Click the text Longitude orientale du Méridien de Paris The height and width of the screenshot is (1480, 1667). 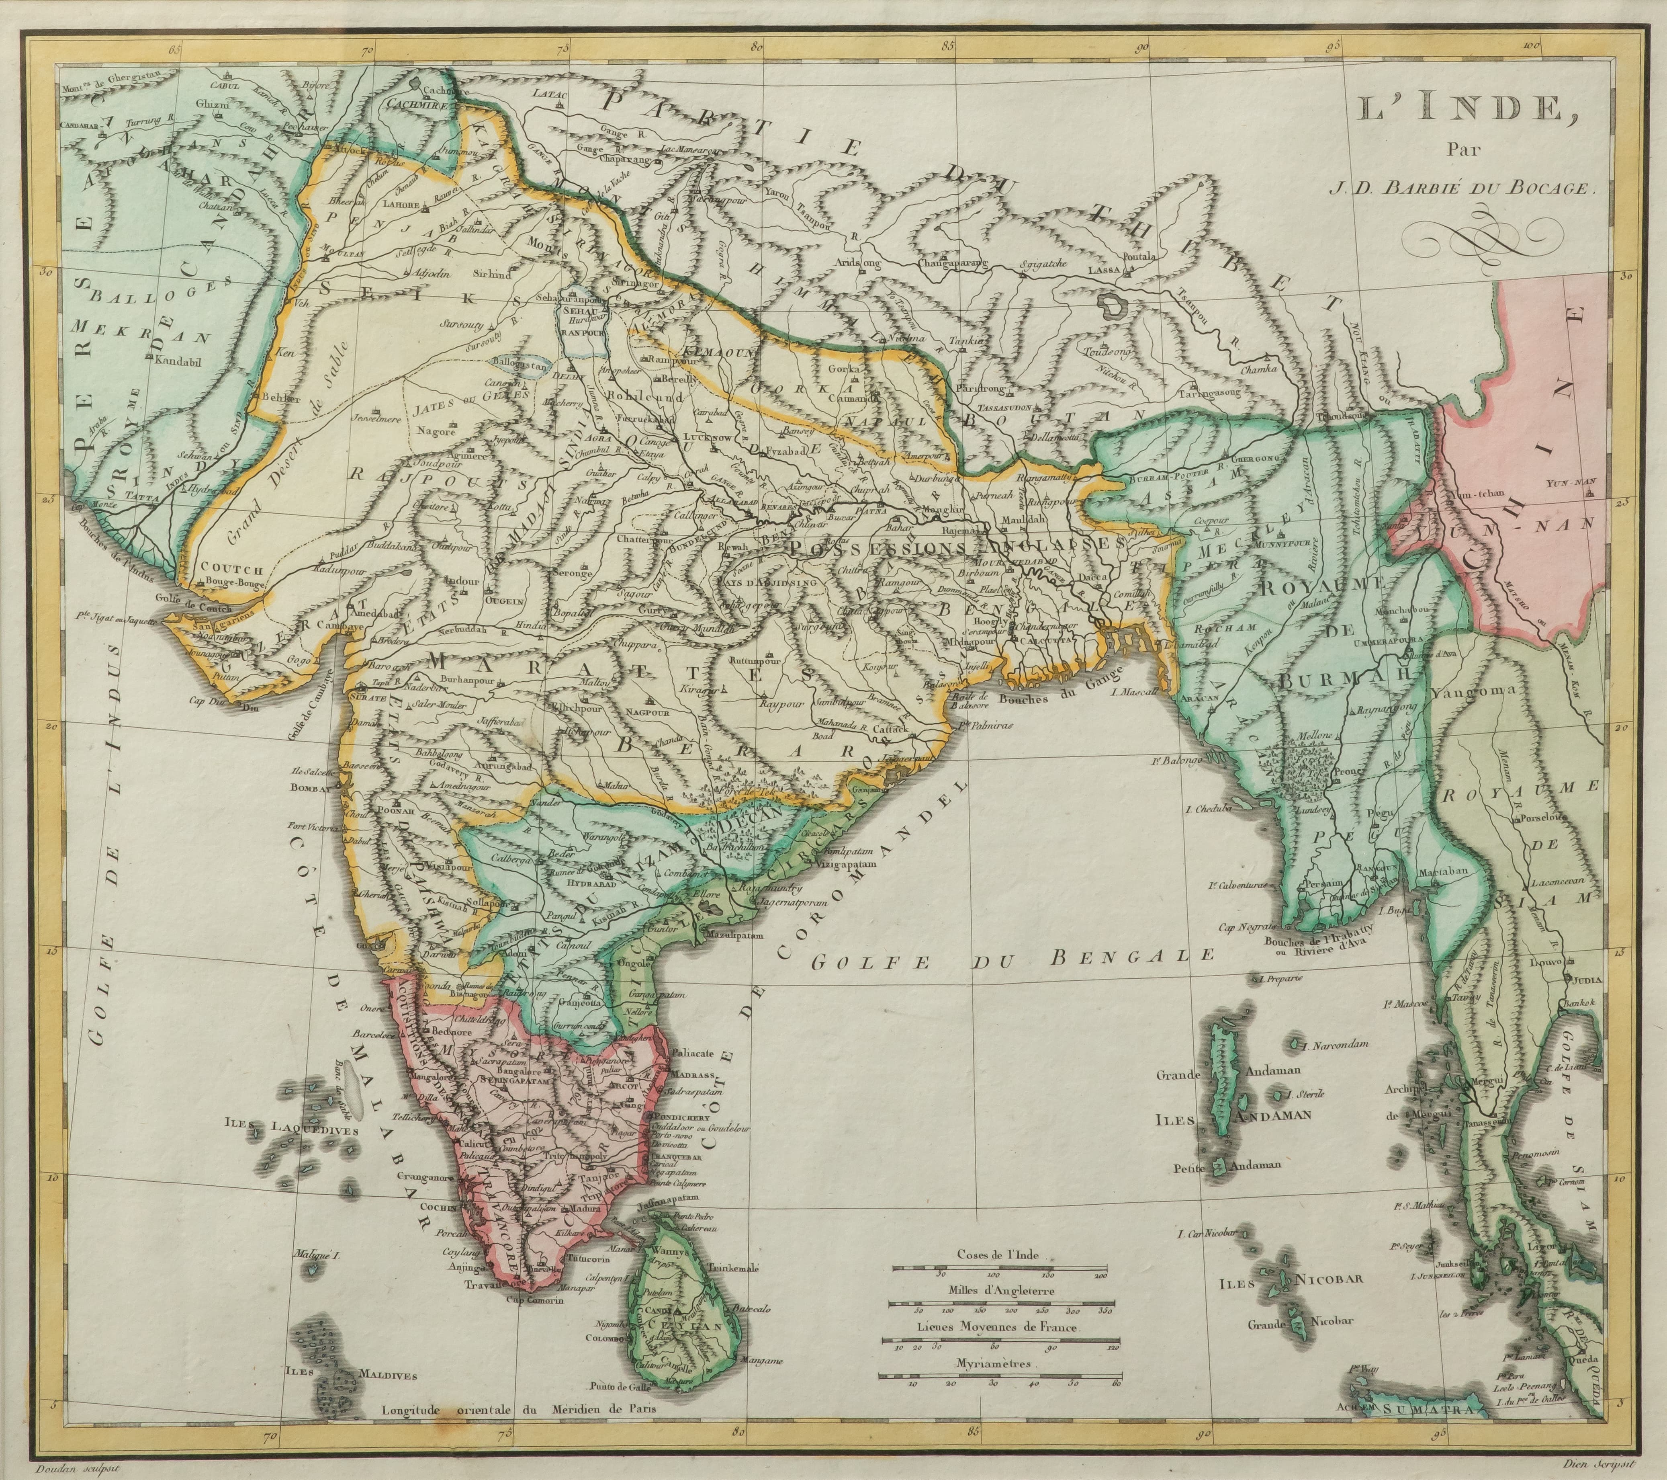tap(518, 1407)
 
